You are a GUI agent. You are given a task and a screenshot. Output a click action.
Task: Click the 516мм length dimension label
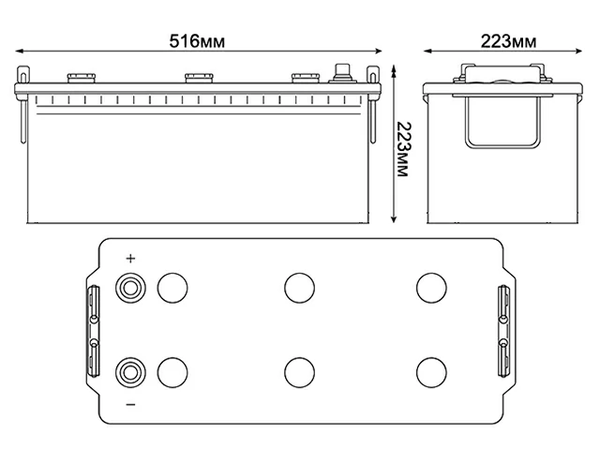(202, 40)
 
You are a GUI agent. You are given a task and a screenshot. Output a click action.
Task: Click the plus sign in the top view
(130, 259)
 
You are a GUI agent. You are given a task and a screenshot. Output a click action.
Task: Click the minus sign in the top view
(130, 404)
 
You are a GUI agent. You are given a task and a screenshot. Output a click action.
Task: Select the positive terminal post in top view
(129, 286)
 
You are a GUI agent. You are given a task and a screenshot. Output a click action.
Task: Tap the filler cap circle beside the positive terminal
(171, 286)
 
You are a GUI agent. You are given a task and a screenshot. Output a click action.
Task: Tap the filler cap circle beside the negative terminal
(171, 372)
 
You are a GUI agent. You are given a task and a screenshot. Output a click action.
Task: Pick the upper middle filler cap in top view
(299, 286)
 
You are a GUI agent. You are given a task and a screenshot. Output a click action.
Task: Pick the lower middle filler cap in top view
(299, 372)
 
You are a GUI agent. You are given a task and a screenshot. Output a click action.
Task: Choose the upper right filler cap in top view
(430, 286)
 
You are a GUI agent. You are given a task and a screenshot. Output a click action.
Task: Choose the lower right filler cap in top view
(430, 372)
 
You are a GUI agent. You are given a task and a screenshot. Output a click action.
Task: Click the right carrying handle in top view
(503, 330)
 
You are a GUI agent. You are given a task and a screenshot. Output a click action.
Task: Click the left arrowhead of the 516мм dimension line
(22, 50)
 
